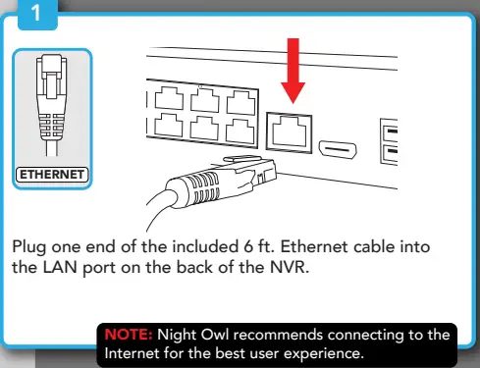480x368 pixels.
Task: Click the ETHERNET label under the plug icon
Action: tap(51, 176)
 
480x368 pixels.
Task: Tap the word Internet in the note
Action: tap(133, 353)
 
